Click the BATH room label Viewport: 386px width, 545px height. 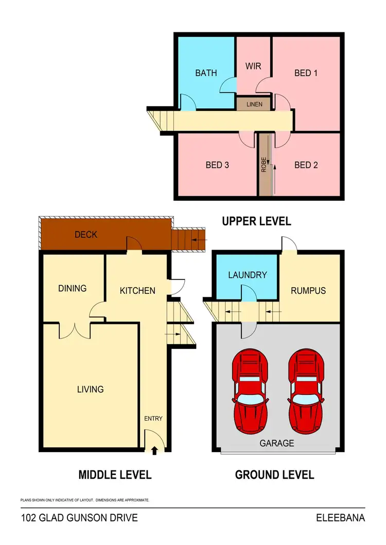(x=206, y=73)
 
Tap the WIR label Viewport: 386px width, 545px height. (x=253, y=67)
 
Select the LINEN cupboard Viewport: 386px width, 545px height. (x=254, y=104)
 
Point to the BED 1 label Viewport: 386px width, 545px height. (x=306, y=73)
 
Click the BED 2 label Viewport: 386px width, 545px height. (x=306, y=165)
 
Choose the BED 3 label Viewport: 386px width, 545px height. (x=217, y=165)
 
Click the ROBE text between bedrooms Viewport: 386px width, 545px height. (x=264, y=164)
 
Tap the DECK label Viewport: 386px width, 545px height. (x=86, y=235)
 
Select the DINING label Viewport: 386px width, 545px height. (x=72, y=288)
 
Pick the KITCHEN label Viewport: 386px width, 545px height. (x=137, y=291)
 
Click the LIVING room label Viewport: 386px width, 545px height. (x=90, y=389)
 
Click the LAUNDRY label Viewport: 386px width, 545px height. (x=247, y=275)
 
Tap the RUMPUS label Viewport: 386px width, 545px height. (x=308, y=291)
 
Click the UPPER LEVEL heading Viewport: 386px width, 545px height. (x=256, y=221)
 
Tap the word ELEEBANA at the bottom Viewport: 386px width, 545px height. (x=340, y=518)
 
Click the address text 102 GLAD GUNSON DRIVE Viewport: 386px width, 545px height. (x=79, y=518)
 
